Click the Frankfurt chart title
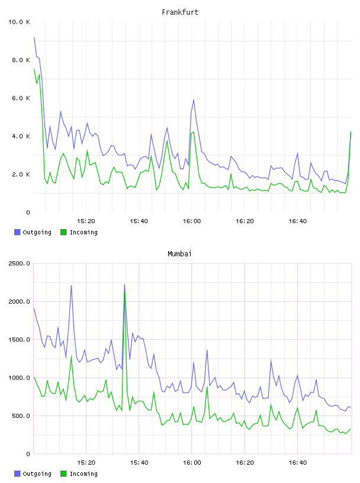pyautogui.click(x=180, y=12)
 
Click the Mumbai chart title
pyautogui.click(x=179, y=254)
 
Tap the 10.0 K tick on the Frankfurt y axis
pyautogui.click(x=19, y=22)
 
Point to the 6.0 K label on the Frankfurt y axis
pyautogui.click(x=21, y=98)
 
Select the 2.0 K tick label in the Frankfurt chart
pyautogui.click(x=21, y=175)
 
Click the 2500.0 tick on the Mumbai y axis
pyautogui.click(x=19, y=263)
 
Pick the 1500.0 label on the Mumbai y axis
pyautogui.click(x=19, y=339)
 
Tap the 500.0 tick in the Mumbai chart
pyautogui.click(x=21, y=416)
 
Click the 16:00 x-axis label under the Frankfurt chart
pyautogui.click(x=192, y=221)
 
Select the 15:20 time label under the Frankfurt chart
pyautogui.click(x=86, y=221)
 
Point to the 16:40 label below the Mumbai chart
pyautogui.click(x=298, y=463)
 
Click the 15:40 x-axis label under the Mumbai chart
pyautogui.click(x=139, y=463)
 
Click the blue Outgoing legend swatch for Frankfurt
pyautogui.click(x=17, y=232)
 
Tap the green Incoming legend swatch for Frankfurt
pyautogui.click(x=63, y=232)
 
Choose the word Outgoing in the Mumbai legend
pyautogui.click(x=37, y=474)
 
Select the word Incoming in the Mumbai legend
pyautogui.click(x=83, y=474)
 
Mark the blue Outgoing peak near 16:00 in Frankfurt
pyautogui.click(x=194, y=99)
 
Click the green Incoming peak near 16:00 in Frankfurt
pyautogui.click(x=194, y=132)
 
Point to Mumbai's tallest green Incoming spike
pyautogui.click(x=124, y=292)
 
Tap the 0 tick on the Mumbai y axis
pyautogui.click(x=28, y=454)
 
